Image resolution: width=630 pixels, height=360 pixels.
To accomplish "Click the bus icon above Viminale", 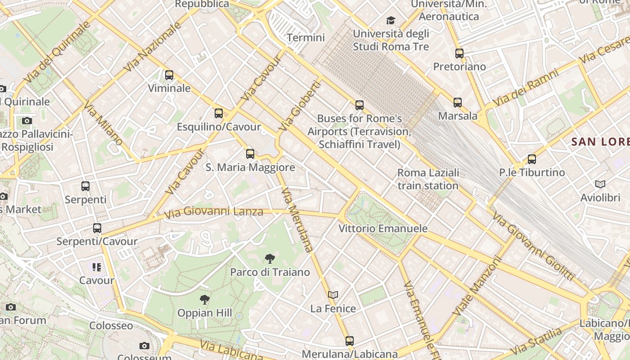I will click(x=169, y=75).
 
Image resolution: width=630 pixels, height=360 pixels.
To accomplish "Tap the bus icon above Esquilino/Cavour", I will click(x=219, y=113).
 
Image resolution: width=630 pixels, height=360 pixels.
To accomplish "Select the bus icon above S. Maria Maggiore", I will click(x=250, y=154).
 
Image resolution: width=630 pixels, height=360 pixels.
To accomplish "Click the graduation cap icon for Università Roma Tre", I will click(x=391, y=20).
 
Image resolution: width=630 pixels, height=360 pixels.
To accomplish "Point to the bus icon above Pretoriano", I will click(x=459, y=54).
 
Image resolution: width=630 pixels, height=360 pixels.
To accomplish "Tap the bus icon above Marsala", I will click(x=458, y=103).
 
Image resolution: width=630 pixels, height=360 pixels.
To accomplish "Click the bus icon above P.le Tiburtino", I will click(x=532, y=159).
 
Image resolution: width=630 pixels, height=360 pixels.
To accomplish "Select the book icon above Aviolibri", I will click(x=600, y=184).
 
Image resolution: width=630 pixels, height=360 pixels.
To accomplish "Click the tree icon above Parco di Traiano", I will click(x=270, y=259).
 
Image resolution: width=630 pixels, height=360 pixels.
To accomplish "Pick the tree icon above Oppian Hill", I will click(x=205, y=299).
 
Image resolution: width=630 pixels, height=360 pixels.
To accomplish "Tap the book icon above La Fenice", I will click(x=333, y=295).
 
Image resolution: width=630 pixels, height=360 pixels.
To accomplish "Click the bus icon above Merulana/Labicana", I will click(x=350, y=341).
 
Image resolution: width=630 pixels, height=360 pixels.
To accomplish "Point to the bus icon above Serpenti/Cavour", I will click(x=97, y=228).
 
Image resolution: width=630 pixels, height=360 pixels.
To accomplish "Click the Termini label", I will click(x=306, y=37).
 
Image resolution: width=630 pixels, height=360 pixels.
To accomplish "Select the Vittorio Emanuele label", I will click(x=383, y=229).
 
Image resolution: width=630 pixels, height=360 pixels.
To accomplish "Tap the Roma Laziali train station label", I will click(x=428, y=179).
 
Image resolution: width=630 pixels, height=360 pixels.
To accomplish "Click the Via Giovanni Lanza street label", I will click(x=214, y=211).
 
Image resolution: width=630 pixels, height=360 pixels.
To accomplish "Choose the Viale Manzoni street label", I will click(x=477, y=286).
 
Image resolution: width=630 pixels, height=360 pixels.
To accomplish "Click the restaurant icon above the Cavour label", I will click(x=97, y=267).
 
